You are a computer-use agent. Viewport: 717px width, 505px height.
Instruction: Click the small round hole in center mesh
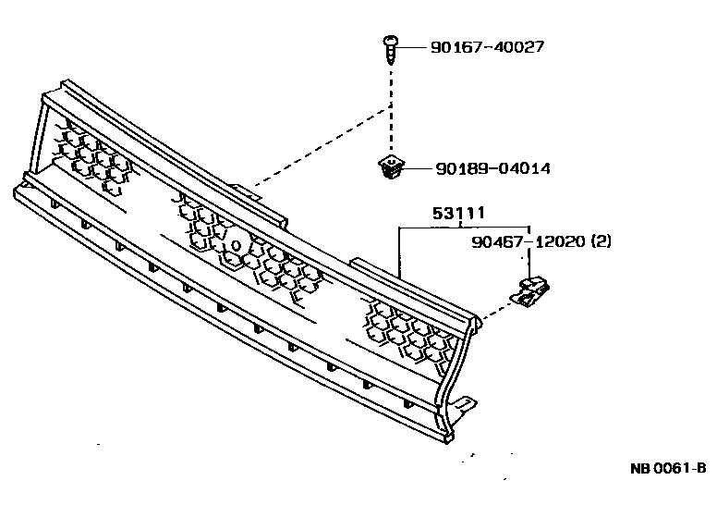tap(236, 245)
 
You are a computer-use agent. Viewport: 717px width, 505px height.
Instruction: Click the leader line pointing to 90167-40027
tap(413, 45)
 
